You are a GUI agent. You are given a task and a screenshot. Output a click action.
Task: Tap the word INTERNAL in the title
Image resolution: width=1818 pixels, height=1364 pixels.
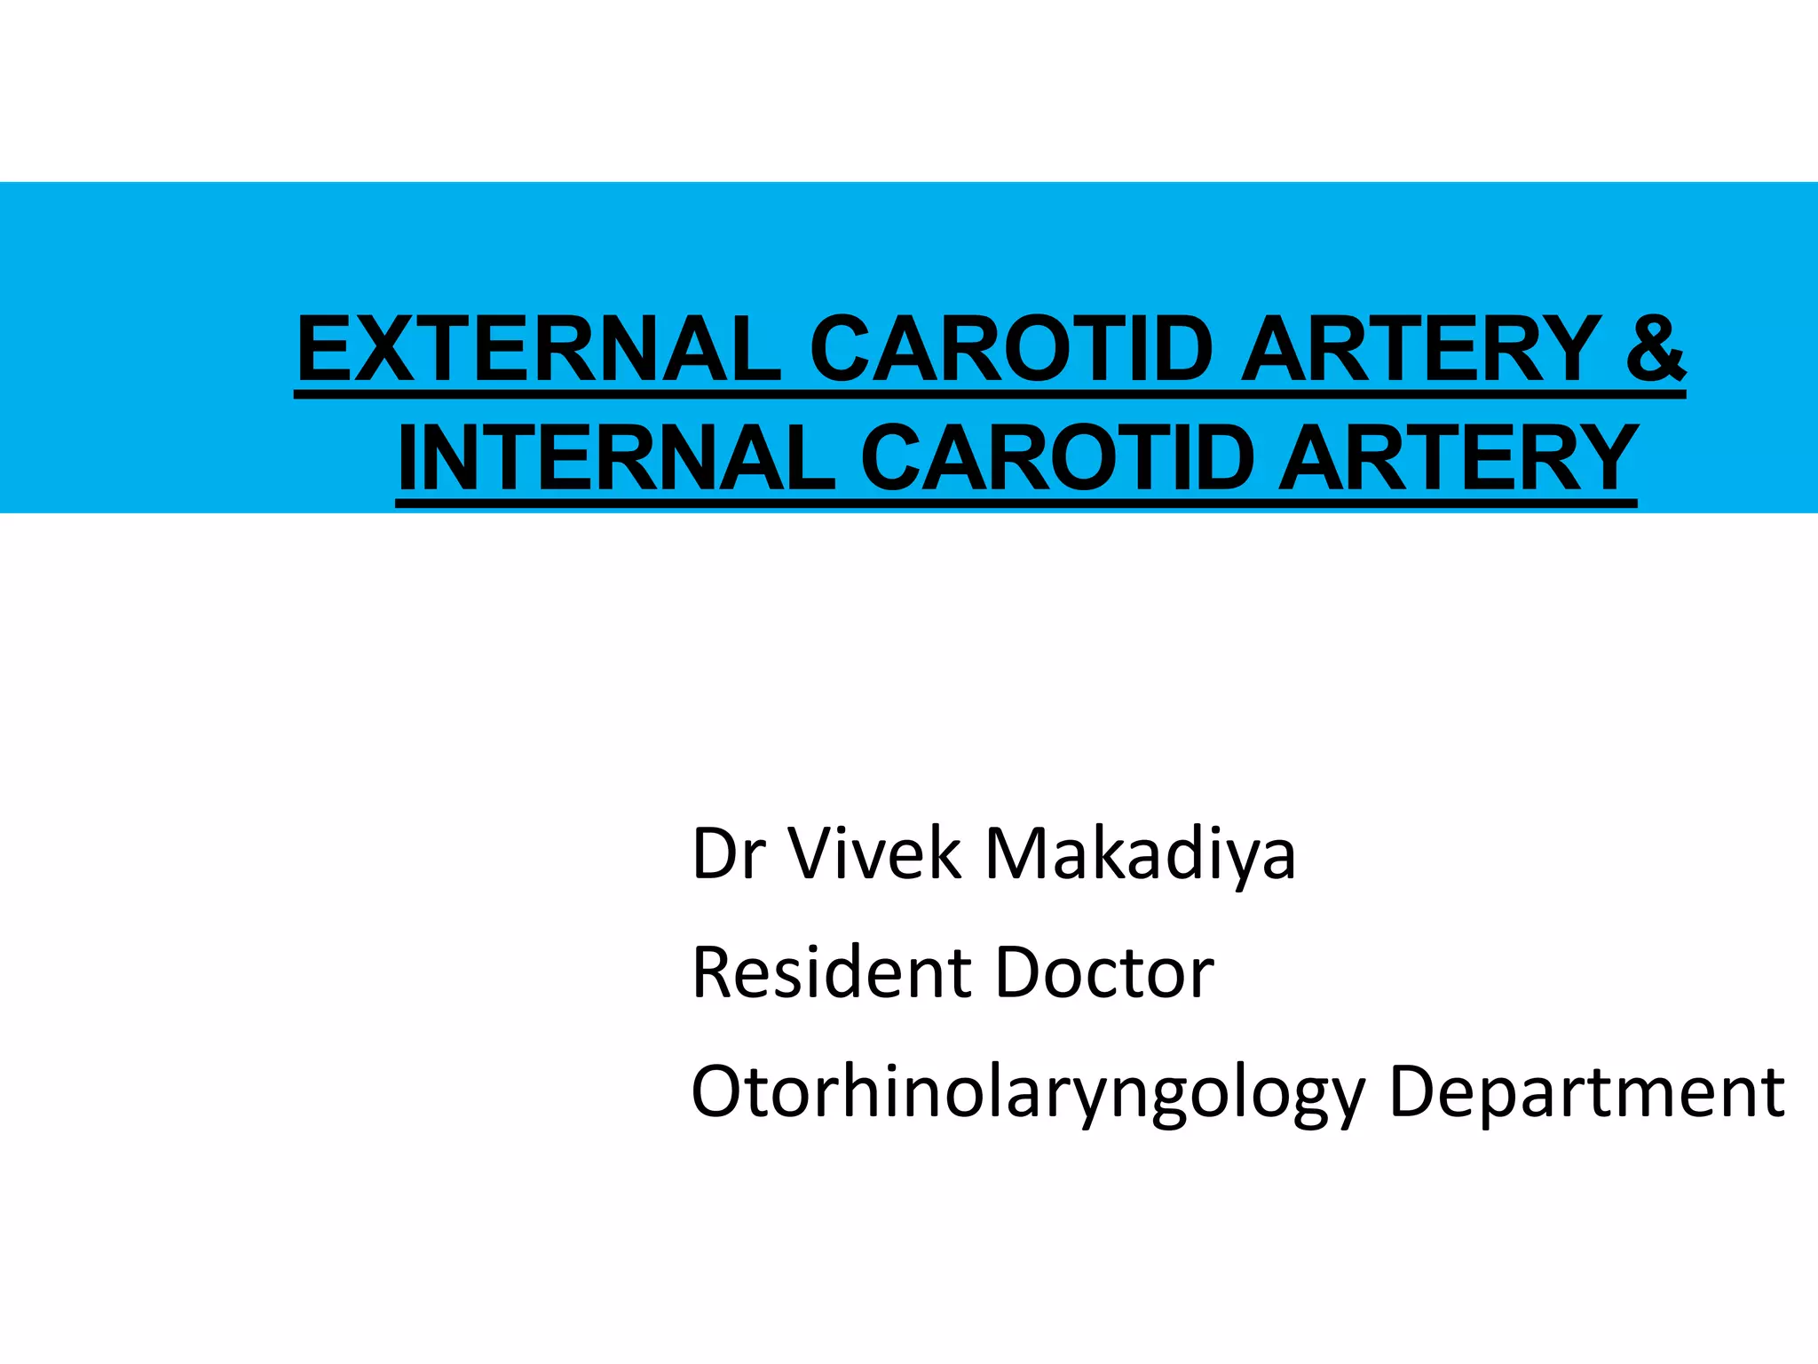coord(616,458)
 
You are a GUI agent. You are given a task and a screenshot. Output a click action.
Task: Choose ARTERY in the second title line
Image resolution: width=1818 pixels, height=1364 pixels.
coord(1457,458)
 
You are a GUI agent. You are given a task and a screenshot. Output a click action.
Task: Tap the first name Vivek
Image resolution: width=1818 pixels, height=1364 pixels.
coord(875,853)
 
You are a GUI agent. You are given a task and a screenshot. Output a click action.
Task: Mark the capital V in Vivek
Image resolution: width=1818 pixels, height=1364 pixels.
coord(814,853)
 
